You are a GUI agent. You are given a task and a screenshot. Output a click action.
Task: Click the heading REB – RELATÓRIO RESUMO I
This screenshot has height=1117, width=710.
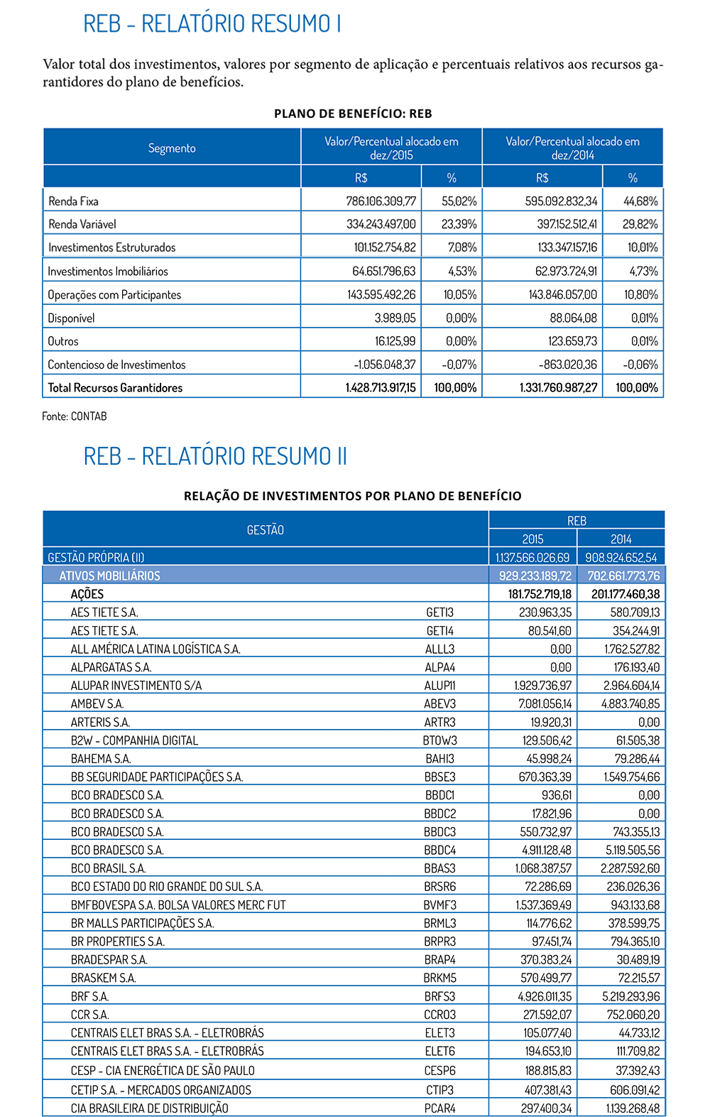[212, 23]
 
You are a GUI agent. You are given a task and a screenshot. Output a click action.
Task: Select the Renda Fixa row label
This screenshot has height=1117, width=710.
[74, 201]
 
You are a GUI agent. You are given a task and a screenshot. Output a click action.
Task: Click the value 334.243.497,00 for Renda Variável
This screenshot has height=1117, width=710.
[381, 224]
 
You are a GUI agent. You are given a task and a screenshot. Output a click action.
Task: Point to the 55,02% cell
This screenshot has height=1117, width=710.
[459, 201]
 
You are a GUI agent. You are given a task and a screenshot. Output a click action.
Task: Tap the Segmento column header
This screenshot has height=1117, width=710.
[172, 148]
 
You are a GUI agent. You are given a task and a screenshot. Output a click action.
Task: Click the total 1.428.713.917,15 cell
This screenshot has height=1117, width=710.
[381, 387]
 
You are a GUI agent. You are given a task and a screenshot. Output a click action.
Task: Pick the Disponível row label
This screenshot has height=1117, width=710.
[71, 318]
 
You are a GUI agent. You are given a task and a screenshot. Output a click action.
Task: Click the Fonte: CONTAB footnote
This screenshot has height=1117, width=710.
[75, 416]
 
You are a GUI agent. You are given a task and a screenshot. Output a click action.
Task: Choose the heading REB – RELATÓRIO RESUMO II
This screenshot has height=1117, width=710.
[215, 456]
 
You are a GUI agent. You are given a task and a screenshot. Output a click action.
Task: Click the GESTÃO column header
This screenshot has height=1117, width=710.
[265, 529]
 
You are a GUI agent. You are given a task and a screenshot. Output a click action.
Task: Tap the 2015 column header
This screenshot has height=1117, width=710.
[532, 539]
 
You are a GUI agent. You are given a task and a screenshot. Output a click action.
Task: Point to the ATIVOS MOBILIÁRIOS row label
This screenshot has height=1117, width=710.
[109, 576]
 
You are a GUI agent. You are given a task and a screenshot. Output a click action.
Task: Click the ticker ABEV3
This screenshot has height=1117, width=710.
[440, 703]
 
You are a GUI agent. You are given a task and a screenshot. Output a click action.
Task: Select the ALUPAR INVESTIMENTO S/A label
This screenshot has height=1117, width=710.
[136, 685]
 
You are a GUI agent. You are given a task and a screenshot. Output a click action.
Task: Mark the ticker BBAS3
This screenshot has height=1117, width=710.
[440, 868]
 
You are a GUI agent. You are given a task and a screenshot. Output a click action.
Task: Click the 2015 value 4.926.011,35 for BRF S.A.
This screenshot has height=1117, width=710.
[545, 996]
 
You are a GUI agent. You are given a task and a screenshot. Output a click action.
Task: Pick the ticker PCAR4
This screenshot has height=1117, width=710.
[440, 1108]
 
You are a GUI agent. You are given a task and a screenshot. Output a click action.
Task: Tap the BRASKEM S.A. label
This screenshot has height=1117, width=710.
[104, 978]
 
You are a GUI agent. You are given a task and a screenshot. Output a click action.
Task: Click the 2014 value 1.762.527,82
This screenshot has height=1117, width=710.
[632, 649]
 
